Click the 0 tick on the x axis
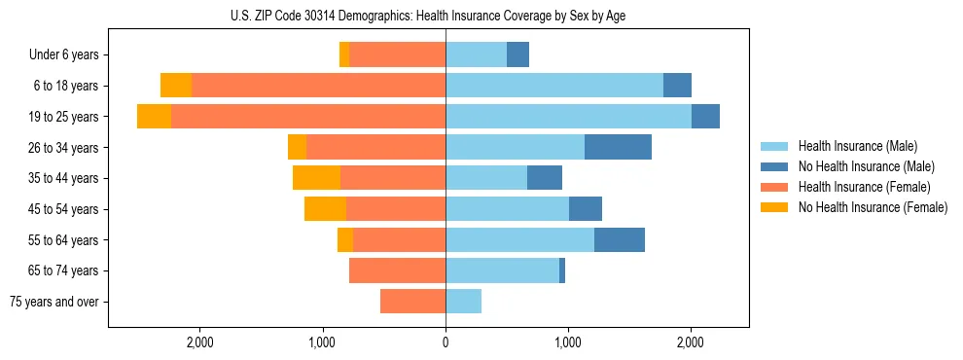coord(446,342)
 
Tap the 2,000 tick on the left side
coord(199,342)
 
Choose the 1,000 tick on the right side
coord(568,342)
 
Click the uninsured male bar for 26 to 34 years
coord(618,147)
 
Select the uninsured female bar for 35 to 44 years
coord(316,178)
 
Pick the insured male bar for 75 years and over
coord(463,302)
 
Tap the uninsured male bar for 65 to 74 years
coord(562,270)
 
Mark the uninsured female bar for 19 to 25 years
coord(154,117)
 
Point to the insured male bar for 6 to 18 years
coord(554,86)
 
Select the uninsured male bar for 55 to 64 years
coord(620,239)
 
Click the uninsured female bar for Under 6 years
coord(344,54)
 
